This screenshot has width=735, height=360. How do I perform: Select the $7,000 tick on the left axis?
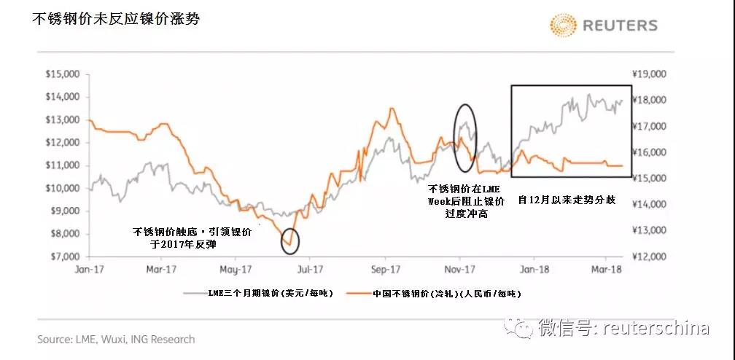point(62,257)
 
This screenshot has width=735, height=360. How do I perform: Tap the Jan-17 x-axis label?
point(87,268)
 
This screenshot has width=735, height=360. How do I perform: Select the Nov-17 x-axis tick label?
point(459,268)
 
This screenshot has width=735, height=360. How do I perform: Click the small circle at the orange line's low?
point(289,238)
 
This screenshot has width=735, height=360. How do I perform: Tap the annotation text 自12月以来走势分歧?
point(566,199)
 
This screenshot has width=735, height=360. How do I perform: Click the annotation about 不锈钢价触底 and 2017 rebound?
point(191,238)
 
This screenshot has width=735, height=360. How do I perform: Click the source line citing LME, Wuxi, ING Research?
point(116,340)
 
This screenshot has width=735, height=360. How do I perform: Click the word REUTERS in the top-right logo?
point(620,26)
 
